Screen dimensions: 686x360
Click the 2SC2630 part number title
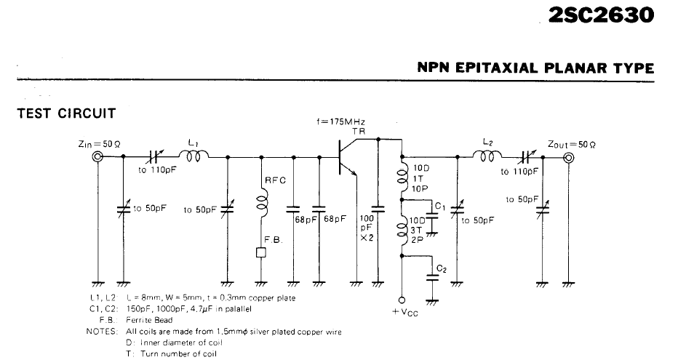coord(601,15)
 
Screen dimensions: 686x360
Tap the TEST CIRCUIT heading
coord(66,113)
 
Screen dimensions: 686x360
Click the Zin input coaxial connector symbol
coord(97,156)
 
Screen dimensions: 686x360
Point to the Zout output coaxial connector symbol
coord(568,158)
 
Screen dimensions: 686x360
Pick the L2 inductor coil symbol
coord(487,156)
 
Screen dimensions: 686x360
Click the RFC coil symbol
coord(262,206)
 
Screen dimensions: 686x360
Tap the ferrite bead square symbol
coord(262,253)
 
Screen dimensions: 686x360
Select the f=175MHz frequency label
coord(340,121)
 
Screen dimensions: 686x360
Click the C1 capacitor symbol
coord(432,217)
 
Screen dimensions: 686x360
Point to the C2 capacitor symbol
coord(432,277)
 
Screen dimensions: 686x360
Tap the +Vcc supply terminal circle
coord(402,300)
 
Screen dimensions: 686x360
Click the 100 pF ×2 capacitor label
coord(367,228)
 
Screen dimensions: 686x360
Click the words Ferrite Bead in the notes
coord(149,320)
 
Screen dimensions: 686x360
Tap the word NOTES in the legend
coord(102,331)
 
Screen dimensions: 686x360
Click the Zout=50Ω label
coord(571,144)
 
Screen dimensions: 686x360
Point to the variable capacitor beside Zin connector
coord(124,209)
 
